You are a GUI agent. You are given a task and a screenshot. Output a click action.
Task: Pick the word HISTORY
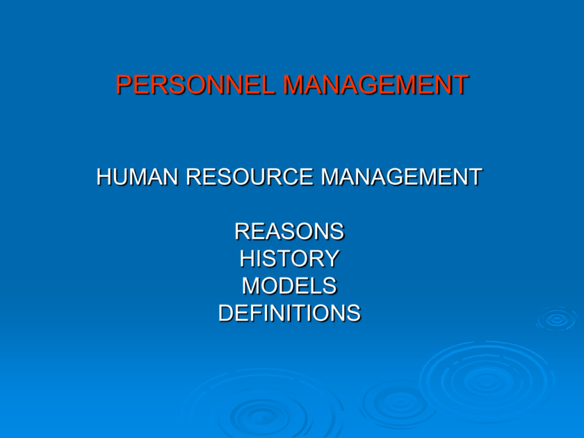[x=289, y=259]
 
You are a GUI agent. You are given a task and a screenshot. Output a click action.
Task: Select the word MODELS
[x=289, y=286]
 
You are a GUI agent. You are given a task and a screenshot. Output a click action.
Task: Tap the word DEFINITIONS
[x=289, y=313]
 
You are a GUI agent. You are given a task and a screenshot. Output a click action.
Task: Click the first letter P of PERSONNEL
[x=124, y=84]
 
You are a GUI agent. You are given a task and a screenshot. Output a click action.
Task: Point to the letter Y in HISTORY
[x=331, y=259]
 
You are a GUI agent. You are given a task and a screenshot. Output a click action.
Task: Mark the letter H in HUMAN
[x=104, y=179]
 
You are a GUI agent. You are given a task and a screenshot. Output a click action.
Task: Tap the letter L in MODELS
[x=314, y=286]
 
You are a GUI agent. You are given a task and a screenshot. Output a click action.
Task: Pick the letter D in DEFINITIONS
[x=226, y=313]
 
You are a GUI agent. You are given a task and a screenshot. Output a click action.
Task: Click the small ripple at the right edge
[x=557, y=320]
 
